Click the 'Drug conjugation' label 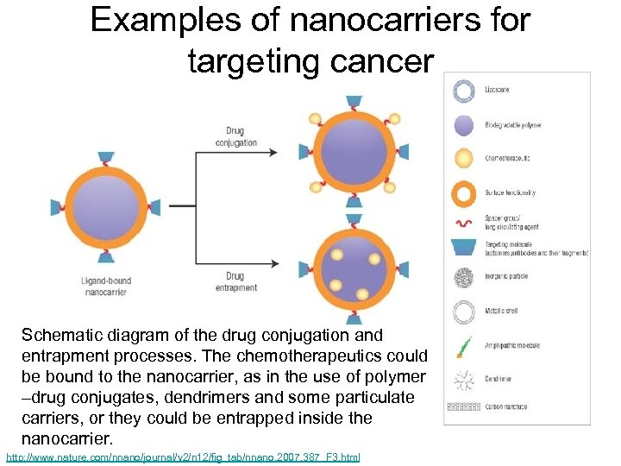click(x=235, y=137)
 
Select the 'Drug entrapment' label click(x=235, y=281)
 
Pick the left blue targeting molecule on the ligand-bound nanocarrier click(x=57, y=207)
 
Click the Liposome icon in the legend click(x=464, y=91)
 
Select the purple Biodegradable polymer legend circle click(x=464, y=125)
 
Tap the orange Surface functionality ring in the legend click(x=464, y=194)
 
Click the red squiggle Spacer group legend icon click(x=464, y=224)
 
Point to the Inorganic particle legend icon click(x=464, y=278)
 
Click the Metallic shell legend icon click(x=464, y=312)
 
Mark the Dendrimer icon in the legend click(x=464, y=378)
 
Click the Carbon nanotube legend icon click(x=464, y=406)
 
